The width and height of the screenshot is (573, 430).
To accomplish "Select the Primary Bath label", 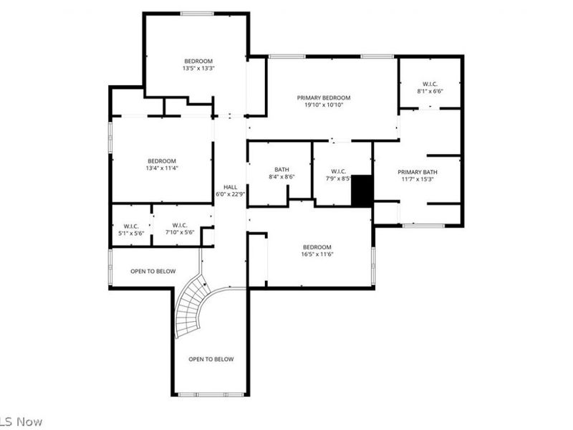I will click(418, 172).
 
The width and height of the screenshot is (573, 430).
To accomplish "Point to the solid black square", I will click(362, 191).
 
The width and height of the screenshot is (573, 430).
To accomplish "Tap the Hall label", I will click(230, 186).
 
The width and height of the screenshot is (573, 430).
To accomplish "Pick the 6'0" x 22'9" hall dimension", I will click(231, 194).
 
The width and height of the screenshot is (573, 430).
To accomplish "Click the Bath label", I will click(281, 169).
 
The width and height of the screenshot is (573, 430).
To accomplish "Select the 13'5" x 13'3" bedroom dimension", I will click(199, 69).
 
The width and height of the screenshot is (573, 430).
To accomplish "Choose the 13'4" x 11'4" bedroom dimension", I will click(162, 168).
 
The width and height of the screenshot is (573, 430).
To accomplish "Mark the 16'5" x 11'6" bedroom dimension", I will click(317, 254).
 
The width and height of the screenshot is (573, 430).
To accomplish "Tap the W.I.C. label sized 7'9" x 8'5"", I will click(339, 171).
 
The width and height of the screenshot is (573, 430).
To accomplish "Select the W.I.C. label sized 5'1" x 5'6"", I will click(130, 225).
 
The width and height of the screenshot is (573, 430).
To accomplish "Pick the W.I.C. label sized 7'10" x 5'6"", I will click(179, 225).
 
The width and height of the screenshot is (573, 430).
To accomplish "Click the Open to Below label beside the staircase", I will click(153, 272).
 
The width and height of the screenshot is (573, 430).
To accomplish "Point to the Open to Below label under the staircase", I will click(211, 359).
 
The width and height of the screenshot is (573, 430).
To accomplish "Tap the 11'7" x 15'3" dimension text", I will click(418, 180).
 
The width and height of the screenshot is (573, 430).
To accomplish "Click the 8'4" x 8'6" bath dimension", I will click(281, 177).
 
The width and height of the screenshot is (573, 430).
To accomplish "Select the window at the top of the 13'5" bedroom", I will click(197, 13).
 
